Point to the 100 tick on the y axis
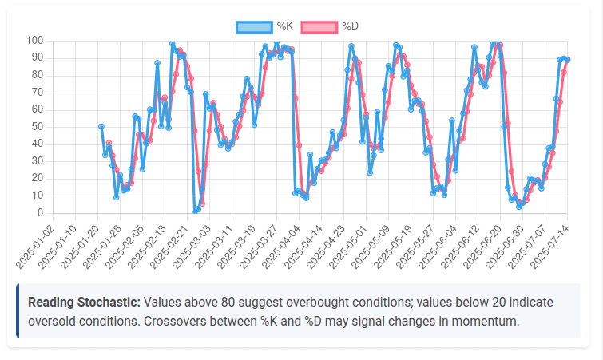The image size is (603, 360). (34, 41)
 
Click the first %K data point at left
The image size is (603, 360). (101, 126)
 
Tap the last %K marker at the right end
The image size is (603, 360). (567, 60)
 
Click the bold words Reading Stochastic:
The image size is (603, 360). (84, 303)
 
